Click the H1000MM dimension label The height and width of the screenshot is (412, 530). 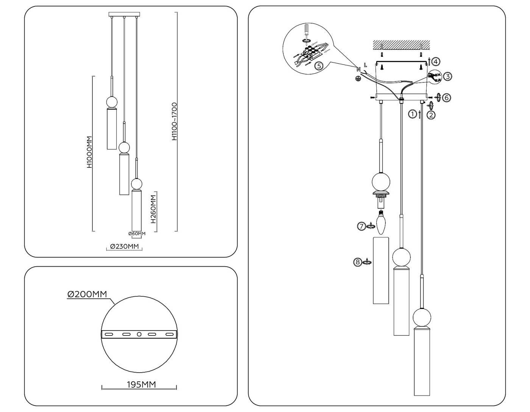(x=89, y=152)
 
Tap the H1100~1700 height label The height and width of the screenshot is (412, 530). (x=174, y=122)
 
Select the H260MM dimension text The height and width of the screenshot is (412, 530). (x=153, y=209)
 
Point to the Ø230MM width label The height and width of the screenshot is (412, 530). (x=125, y=247)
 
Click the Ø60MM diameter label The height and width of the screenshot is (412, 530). (x=137, y=234)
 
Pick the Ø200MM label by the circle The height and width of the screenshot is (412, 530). (x=87, y=294)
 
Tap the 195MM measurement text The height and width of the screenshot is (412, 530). (x=141, y=385)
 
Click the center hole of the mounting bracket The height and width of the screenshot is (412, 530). (x=139, y=334)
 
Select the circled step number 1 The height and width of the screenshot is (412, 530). (x=412, y=114)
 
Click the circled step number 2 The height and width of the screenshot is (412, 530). (x=431, y=115)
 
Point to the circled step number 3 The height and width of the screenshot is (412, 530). (x=447, y=76)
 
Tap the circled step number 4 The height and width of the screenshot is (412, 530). (x=436, y=61)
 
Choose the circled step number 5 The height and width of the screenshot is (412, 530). (x=319, y=66)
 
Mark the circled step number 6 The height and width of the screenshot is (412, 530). (x=447, y=98)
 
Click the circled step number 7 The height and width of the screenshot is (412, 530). (x=362, y=226)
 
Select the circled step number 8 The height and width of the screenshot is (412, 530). (x=357, y=262)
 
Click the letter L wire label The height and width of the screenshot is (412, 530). (x=365, y=65)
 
